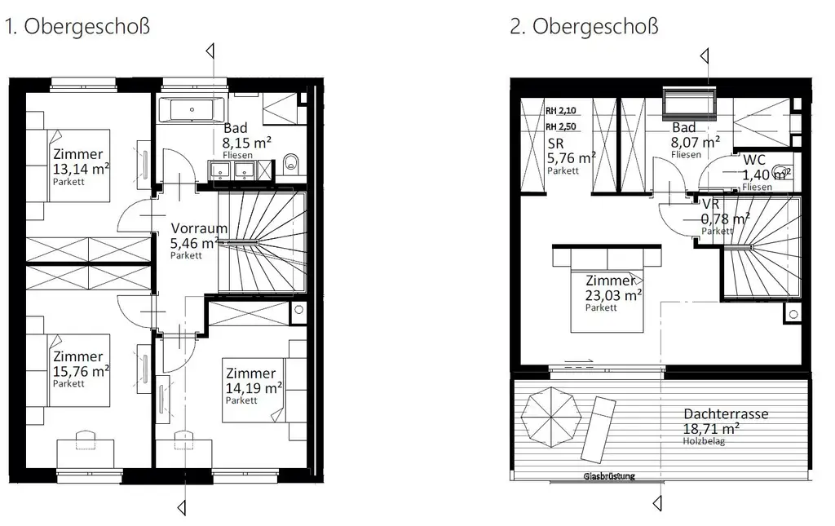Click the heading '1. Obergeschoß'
77,26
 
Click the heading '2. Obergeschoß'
584,26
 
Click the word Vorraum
199,228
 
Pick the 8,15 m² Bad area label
247,143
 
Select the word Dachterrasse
726,413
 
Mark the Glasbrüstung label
608,475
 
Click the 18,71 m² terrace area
711,427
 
